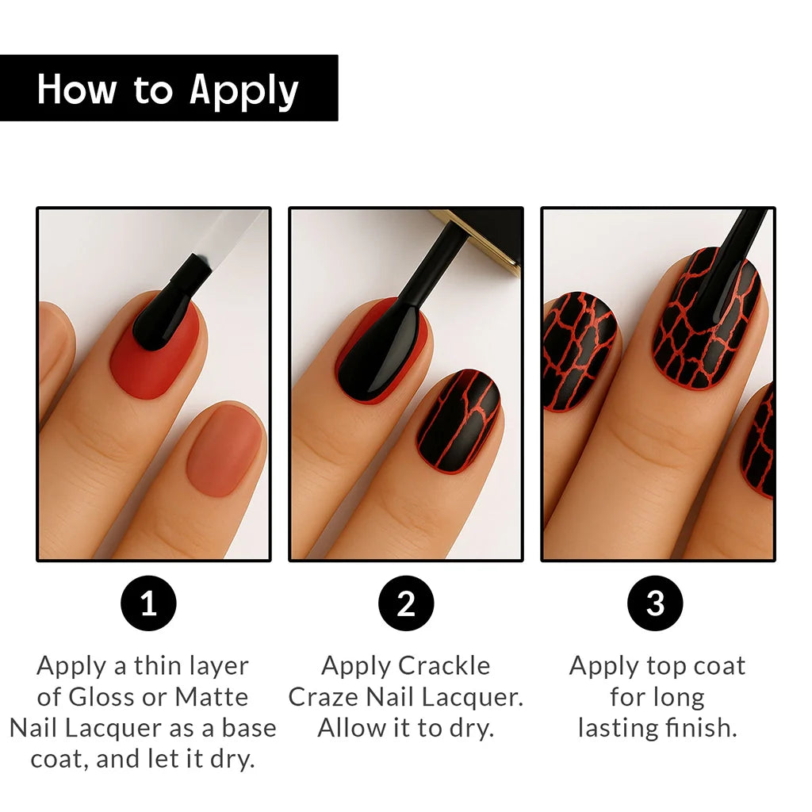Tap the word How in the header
pos(77,89)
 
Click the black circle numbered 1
pos(148,603)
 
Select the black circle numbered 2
pos(406,603)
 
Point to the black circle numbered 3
pos(655,603)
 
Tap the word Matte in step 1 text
pos(211,697)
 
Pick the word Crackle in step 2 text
pos(444,666)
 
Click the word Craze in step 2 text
pos(324,697)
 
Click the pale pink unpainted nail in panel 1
pos(226,450)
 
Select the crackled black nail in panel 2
pos(458,422)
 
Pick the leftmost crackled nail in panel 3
pos(577,351)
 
